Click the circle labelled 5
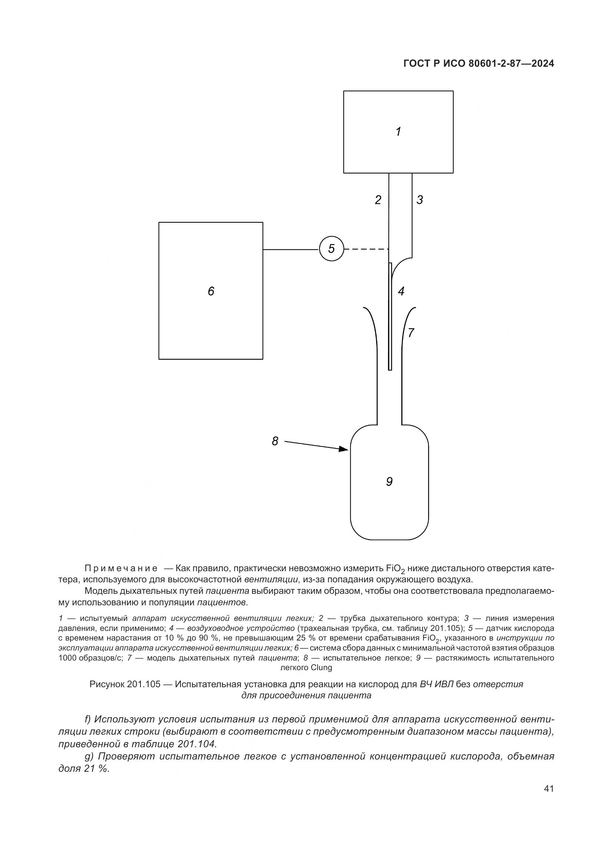click(x=331, y=249)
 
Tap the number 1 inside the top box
click(x=398, y=132)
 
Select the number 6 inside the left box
click(x=211, y=291)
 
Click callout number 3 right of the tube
click(x=420, y=200)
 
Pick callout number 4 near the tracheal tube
click(x=401, y=291)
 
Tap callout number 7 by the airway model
click(x=411, y=332)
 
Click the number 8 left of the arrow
click(x=275, y=441)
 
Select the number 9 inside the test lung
click(x=389, y=482)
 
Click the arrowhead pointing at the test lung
click(x=344, y=449)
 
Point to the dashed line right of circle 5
click(x=366, y=249)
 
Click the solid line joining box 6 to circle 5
click(x=291, y=249)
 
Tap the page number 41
click(x=549, y=789)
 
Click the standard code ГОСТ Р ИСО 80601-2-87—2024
click(x=478, y=64)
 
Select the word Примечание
click(x=121, y=579)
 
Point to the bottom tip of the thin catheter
click(x=390, y=369)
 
